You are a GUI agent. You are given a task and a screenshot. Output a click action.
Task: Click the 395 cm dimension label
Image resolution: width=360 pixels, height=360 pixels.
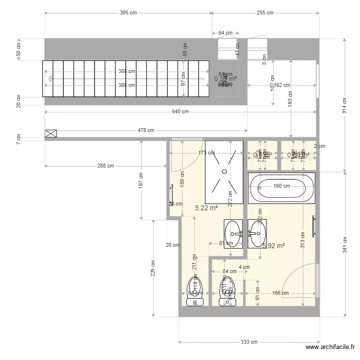pyautogui.click(x=128, y=13)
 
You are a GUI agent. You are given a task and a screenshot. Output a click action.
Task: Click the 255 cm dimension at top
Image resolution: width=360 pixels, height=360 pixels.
pyautogui.click(x=264, y=13)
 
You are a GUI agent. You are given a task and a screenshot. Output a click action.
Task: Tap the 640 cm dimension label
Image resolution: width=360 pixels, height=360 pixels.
pyautogui.click(x=180, y=112)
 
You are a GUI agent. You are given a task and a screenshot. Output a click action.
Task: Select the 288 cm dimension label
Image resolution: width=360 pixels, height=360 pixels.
pyautogui.click(x=105, y=166)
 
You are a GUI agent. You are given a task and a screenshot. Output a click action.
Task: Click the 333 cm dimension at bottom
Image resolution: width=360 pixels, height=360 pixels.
pyautogui.click(x=249, y=342)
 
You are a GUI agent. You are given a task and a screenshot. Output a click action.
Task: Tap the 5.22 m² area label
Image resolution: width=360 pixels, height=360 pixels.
pyautogui.click(x=206, y=208)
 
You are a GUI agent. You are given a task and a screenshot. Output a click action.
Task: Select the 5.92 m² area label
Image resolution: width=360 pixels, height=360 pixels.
pyautogui.click(x=274, y=246)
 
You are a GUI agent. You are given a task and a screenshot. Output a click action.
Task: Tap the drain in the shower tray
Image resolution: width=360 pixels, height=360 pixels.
pyautogui.click(x=224, y=171)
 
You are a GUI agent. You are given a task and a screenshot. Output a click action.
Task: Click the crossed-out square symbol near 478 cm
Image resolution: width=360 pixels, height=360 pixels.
pyautogui.click(x=50, y=133)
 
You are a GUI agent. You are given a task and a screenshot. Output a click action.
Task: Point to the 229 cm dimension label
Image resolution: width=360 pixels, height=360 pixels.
pyautogui.click(x=153, y=269)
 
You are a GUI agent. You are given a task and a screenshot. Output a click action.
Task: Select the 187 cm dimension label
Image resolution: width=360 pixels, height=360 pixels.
pyautogui.click(x=141, y=180)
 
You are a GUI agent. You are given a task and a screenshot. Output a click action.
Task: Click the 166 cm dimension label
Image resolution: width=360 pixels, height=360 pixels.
pyautogui.click(x=280, y=293)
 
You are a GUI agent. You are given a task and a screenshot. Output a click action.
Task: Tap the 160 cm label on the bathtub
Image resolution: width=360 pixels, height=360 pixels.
pyautogui.click(x=282, y=186)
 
